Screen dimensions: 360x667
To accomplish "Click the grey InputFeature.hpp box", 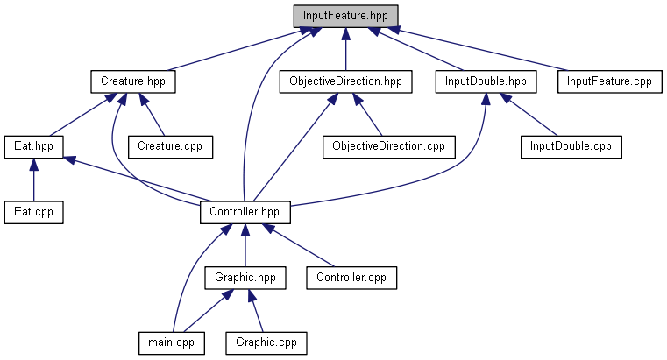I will (x=346, y=16).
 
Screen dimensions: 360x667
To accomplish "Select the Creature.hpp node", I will (x=133, y=81).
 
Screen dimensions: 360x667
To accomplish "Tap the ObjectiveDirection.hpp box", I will (x=345, y=81).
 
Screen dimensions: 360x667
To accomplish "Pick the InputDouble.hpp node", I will (x=485, y=81).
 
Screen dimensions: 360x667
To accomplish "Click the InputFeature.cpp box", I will (x=608, y=81).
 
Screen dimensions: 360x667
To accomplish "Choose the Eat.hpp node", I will (x=33, y=146).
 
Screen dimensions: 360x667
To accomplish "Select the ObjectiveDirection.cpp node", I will (x=388, y=146).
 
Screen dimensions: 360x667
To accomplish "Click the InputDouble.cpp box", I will (x=571, y=146).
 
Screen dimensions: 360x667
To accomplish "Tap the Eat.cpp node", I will (x=33, y=211).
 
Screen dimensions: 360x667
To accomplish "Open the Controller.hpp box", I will (x=245, y=211).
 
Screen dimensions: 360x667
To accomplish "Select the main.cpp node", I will (x=171, y=342).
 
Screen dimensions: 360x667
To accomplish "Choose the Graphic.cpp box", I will (x=266, y=342).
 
